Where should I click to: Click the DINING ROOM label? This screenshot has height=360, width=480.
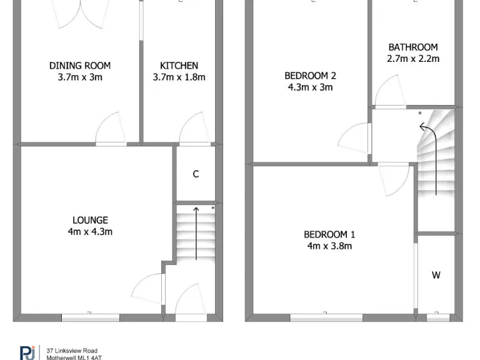pos(80,66)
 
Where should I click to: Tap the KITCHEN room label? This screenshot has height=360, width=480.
pos(179,66)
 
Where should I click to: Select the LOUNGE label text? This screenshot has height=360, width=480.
pos(90,220)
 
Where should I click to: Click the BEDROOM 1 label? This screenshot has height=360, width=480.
pos(329,234)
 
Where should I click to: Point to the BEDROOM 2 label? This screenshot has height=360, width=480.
pos(310,76)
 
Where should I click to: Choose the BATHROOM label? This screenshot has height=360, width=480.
pos(412,47)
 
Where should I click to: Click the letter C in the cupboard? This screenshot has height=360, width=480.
pos(196,174)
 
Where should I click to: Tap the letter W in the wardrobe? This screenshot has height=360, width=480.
pos(436,275)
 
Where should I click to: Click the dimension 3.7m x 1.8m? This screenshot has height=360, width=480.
pos(179,77)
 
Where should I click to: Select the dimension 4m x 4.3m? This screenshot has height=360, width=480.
pos(90,232)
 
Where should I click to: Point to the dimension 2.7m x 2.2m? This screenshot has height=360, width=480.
pos(412,59)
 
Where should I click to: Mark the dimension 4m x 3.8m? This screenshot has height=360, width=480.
pos(329,246)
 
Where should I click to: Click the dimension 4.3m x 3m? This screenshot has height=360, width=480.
pos(310,87)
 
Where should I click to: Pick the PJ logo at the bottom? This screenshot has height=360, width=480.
pos(27,352)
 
